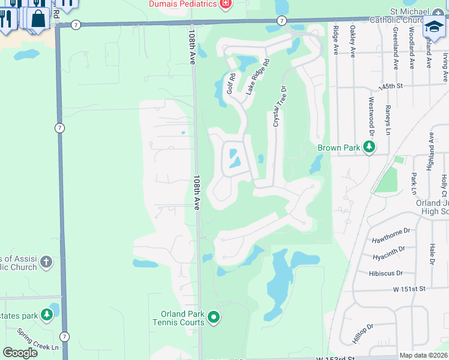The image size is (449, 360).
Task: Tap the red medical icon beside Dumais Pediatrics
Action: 226,4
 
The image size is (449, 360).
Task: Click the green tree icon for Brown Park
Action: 371,148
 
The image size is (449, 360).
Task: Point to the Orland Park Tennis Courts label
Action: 183,318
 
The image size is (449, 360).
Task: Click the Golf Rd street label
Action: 231,83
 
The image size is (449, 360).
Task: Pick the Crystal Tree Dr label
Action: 277,105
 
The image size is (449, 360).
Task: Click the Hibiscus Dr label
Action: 391,273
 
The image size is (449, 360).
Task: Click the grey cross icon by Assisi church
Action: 46,262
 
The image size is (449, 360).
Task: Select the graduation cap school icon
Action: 433,26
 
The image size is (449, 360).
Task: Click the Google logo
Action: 21,353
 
